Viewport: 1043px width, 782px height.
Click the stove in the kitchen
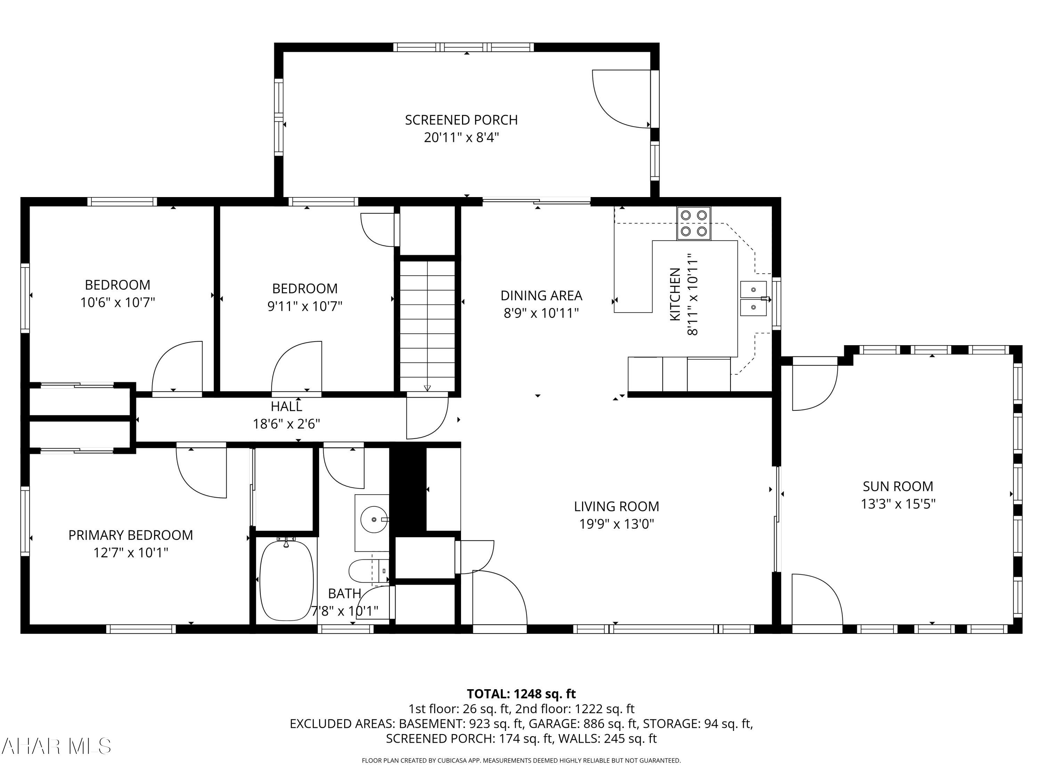(x=694, y=223)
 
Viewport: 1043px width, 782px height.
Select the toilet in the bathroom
(x=369, y=571)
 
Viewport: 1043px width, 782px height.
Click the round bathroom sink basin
(x=374, y=520)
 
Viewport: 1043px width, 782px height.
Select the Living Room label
(x=616, y=506)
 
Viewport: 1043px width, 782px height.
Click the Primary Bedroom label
(x=131, y=535)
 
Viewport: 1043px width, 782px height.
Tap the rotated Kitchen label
(x=675, y=295)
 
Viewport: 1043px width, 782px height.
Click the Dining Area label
(x=541, y=295)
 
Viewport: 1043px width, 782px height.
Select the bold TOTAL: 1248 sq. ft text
(x=521, y=694)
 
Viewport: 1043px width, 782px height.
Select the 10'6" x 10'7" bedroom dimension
(x=118, y=302)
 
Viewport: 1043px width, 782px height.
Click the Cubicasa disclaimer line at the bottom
(x=521, y=760)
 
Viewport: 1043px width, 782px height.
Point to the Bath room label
(x=345, y=594)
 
